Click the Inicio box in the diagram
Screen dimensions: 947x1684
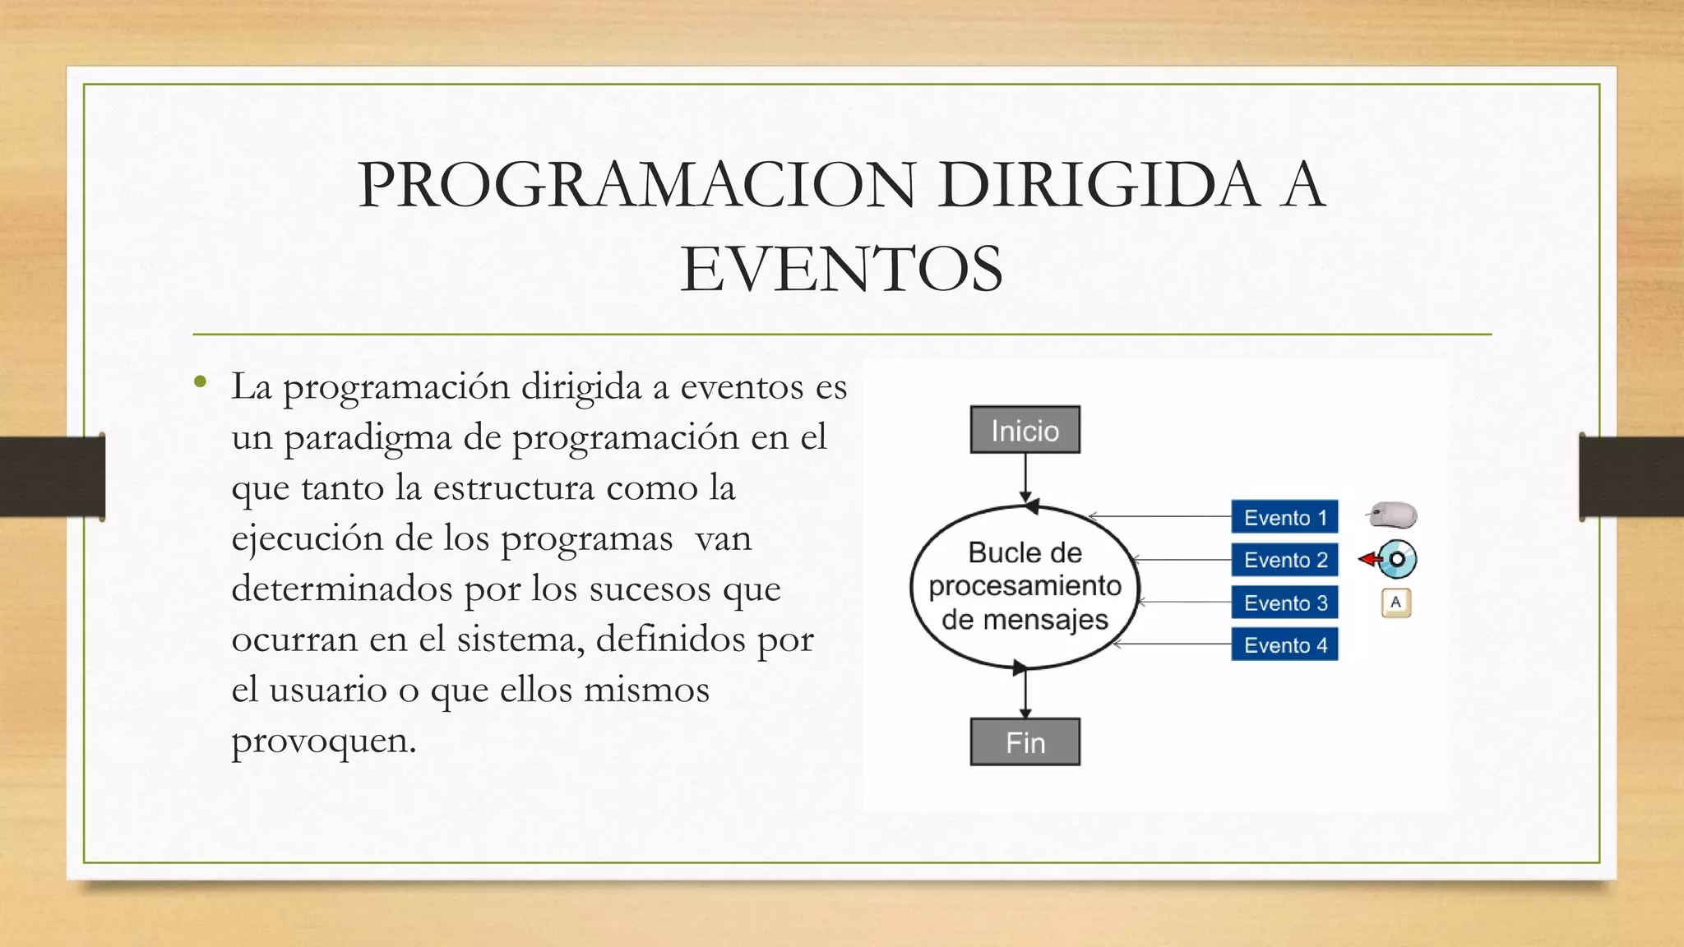tap(1025, 430)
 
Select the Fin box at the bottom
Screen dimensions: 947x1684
tap(1025, 742)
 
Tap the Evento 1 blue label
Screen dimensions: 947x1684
tap(1284, 517)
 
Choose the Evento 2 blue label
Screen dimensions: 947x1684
tap(1284, 560)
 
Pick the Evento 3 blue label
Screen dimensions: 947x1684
tap(1284, 603)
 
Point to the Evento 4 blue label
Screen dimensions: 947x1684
tap(1284, 645)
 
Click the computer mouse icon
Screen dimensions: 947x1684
tap(1393, 515)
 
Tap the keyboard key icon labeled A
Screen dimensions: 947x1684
tap(1395, 603)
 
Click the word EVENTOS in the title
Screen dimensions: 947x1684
tap(841, 269)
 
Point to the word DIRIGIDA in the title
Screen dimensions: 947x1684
tap(1098, 184)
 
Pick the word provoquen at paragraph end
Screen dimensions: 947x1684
tap(323, 741)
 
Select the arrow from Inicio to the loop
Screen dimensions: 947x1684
tap(1025, 477)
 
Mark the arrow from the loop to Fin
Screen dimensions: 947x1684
tap(1025, 695)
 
